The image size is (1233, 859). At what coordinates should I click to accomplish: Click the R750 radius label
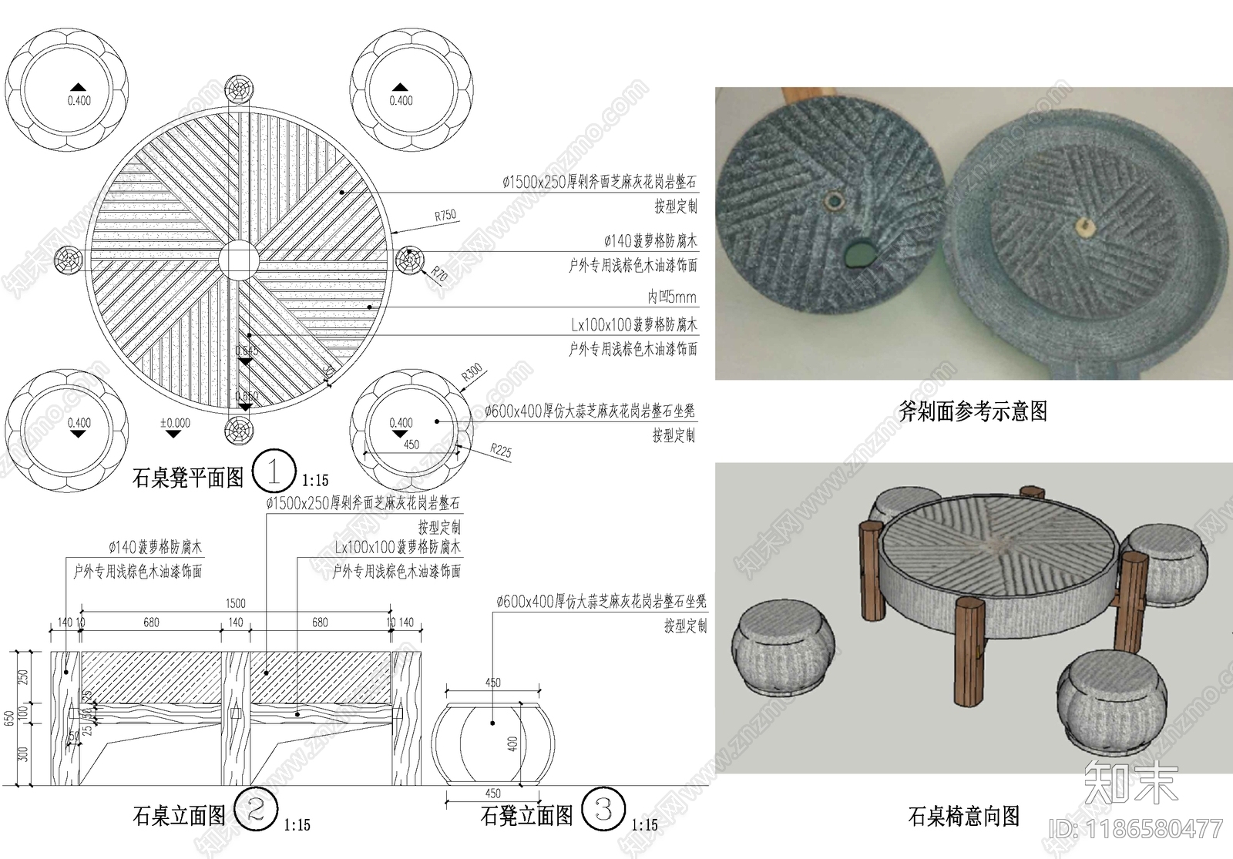[x=445, y=216]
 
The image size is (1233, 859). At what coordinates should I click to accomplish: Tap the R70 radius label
[x=438, y=273]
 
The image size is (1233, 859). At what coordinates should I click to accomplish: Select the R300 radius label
[x=472, y=373]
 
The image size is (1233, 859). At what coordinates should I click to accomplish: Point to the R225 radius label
[x=501, y=451]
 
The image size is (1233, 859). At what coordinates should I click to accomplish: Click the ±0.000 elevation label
[x=175, y=423]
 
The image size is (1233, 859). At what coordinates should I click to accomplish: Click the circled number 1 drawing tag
[x=274, y=471]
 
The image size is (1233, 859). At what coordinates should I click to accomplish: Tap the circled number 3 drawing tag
[x=603, y=809]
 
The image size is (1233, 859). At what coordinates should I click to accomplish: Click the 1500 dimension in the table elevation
[x=236, y=604]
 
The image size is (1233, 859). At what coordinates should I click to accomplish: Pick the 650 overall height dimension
[x=9, y=719]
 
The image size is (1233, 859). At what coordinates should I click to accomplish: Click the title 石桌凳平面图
[x=188, y=478]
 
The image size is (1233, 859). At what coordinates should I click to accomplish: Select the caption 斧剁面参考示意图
[x=973, y=411]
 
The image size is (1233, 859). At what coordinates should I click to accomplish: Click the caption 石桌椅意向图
[x=963, y=816]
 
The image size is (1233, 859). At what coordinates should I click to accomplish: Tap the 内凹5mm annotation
[x=671, y=297]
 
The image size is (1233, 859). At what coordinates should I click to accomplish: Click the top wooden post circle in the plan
[x=238, y=90]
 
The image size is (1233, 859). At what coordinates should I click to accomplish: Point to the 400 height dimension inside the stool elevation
[x=512, y=744]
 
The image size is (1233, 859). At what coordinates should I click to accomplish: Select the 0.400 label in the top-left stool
[x=79, y=100]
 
